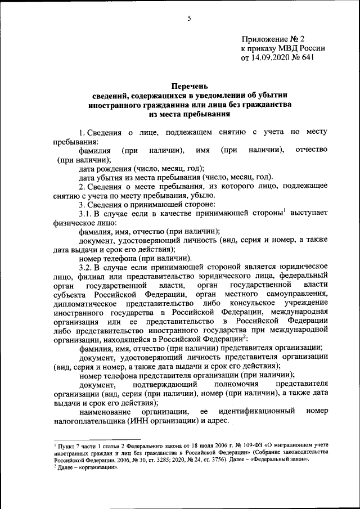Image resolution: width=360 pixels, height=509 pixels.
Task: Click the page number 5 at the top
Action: (x=190, y=19)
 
